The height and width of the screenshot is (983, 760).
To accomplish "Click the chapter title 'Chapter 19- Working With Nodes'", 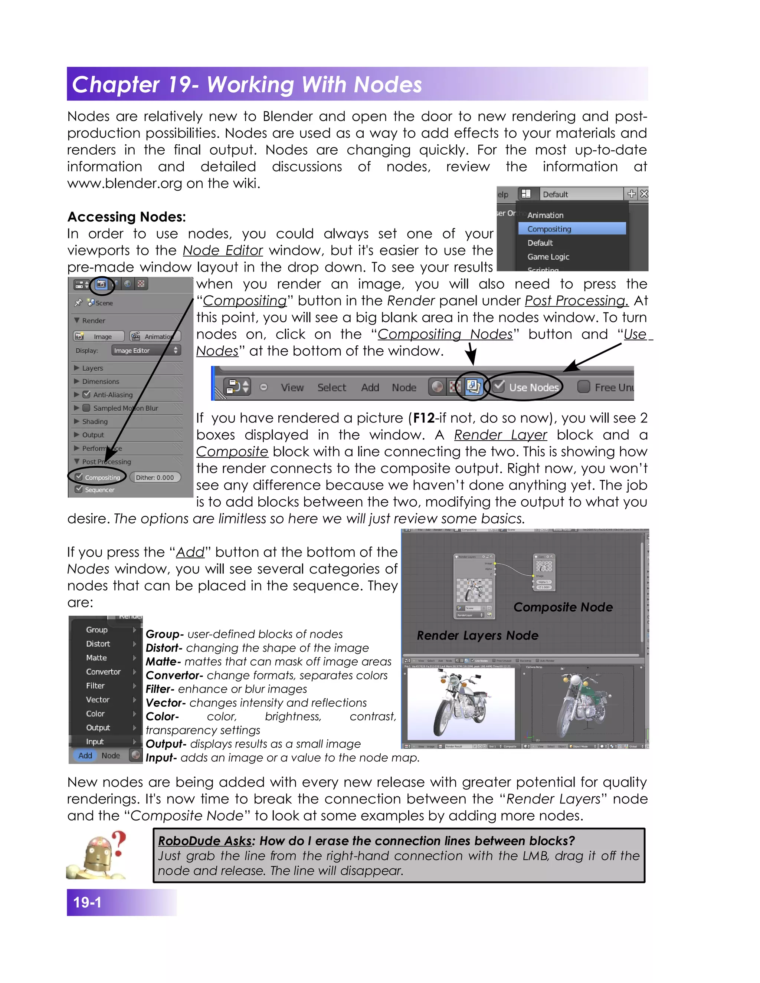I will coord(247,85).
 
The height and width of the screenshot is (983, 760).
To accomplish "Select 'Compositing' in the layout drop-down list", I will coord(549,229).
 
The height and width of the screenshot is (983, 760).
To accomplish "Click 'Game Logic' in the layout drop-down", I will coord(548,257).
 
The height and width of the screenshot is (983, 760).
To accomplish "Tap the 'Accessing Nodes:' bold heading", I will coord(127,217).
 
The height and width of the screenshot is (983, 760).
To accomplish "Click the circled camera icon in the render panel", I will coord(102,284).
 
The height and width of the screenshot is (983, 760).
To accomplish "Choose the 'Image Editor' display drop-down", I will coord(145,350).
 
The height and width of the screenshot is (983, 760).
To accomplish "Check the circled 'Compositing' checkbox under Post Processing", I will coord(79,477).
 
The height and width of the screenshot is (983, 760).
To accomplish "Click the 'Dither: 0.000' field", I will coord(155,477).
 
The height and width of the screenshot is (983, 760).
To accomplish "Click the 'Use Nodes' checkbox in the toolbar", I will coord(498,387).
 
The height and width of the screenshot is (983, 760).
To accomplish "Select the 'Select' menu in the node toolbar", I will coord(331,388).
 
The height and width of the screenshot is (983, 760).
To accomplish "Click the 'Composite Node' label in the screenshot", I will coord(563,607).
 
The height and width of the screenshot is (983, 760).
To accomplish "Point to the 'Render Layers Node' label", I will coord(477,635).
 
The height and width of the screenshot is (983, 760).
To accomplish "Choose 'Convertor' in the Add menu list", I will coord(103,671).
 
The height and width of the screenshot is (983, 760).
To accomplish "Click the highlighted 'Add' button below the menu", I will coord(85,755).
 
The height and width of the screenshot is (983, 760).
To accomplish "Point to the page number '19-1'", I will coord(87,902).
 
